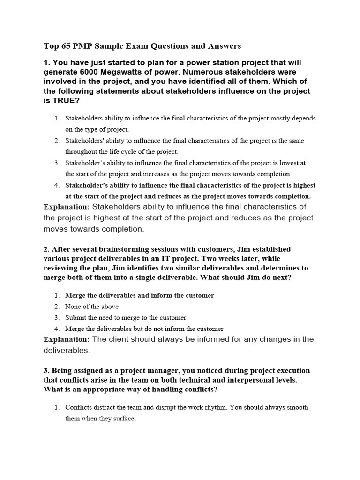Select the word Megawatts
[123, 72]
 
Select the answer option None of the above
[92, 307]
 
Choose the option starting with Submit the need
[126, 318]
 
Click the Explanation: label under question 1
[66, 207]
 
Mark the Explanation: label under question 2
[66, 339]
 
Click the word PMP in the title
[86, 46]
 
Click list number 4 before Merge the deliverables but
[57, 329]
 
